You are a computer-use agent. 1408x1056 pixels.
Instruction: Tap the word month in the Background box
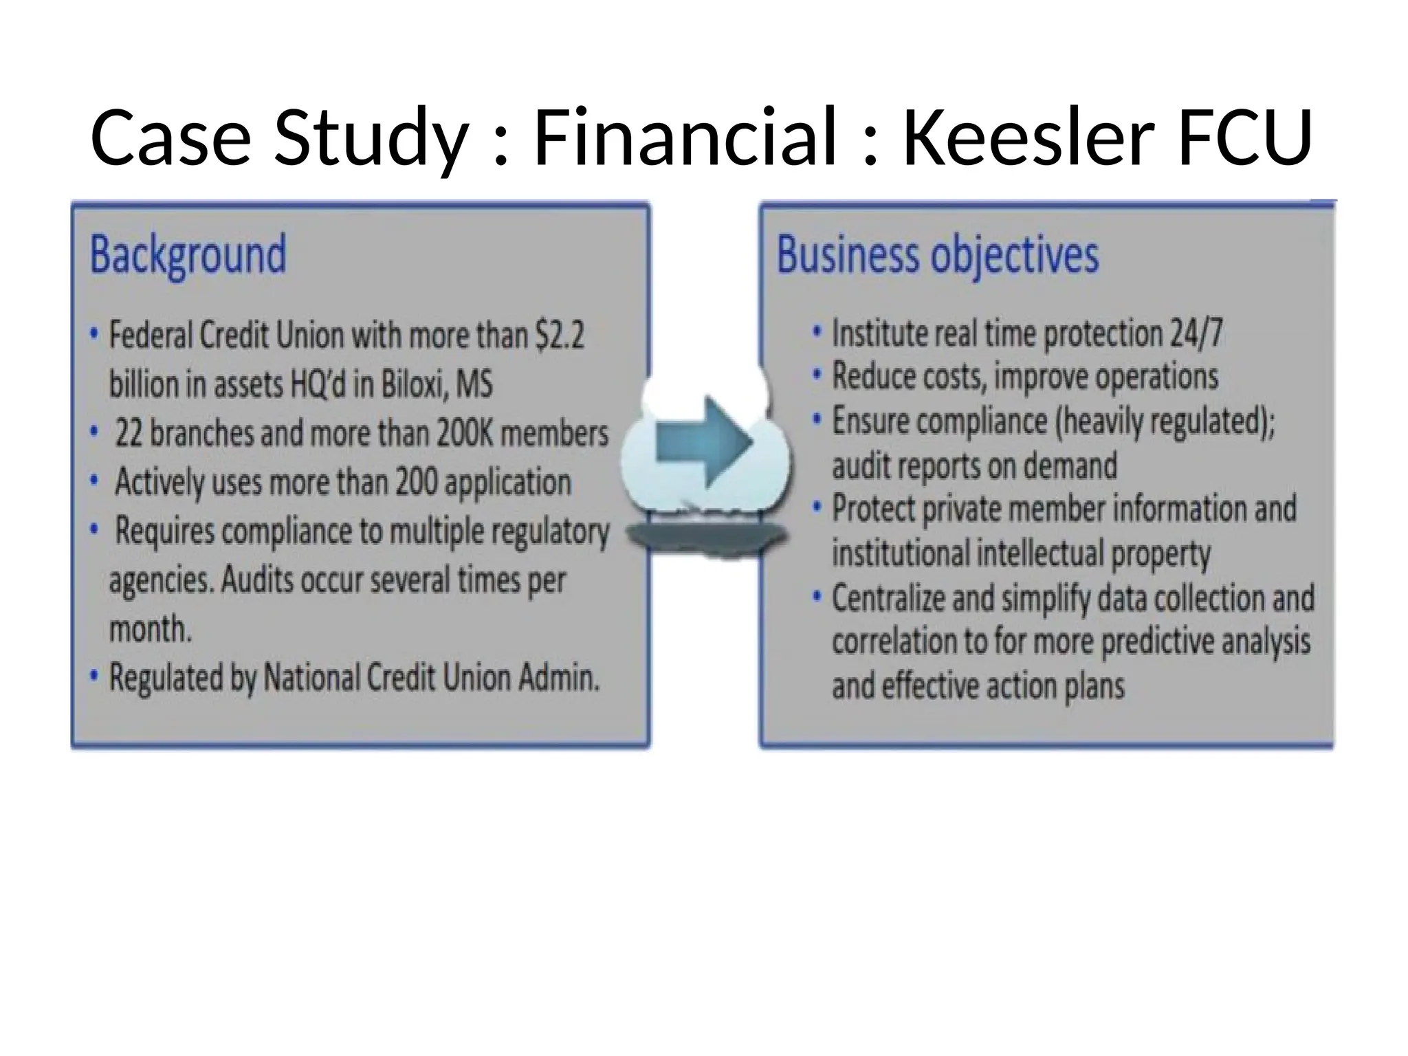click(x=150, y=629)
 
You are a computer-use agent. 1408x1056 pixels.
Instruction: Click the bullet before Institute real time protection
click(x=817, y=333)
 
